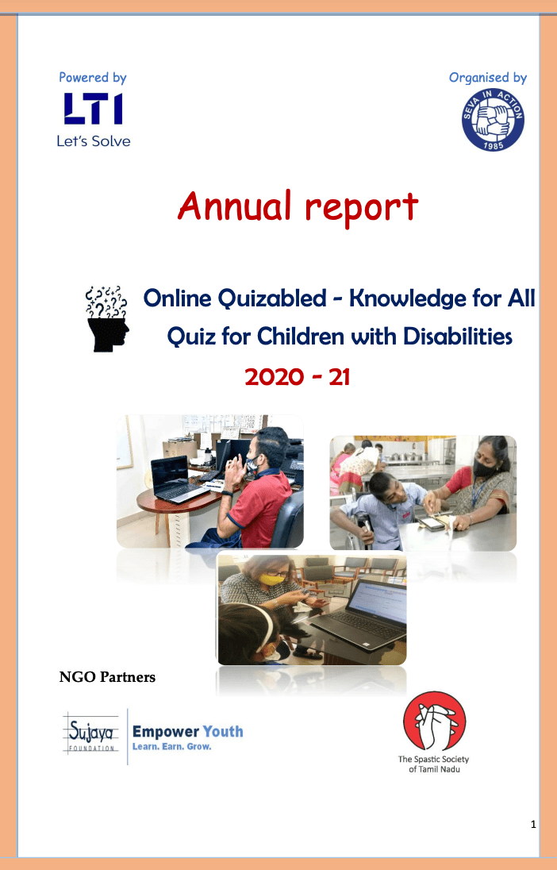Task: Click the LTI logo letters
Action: click(93, 108)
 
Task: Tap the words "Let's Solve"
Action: click(93, 141)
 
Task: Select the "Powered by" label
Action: click(93, 78)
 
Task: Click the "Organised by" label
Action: click(488, 78)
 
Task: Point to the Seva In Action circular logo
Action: click(493, 120)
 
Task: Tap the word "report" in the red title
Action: click(361, 209)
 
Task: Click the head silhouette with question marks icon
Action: click(107, 318)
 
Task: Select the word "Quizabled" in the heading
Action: click(272, 298)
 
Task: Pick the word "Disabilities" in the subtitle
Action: click(458, 337)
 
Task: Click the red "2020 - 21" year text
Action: click(298, 377)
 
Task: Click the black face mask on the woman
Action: click(484, 469)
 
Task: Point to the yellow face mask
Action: click(271, 580)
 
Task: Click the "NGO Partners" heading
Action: click(107, 677)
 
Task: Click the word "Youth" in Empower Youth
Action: click(223, 732)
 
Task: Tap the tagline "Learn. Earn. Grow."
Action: click(172, 747)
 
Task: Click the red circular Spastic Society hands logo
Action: click(434, 721)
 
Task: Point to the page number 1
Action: click(534, 825)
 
